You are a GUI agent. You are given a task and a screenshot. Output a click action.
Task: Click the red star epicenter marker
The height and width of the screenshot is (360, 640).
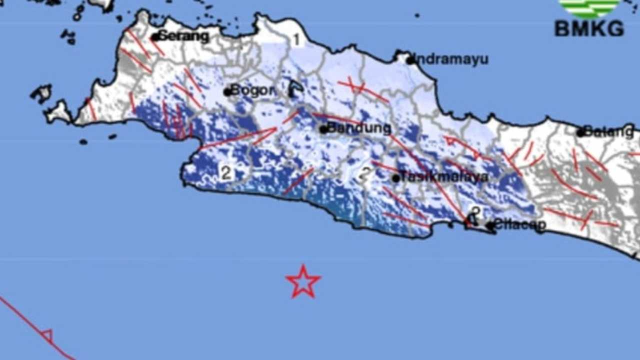click(x=303, y=282)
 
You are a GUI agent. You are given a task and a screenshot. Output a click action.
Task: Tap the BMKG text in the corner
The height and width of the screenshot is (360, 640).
click(x=589, y=28)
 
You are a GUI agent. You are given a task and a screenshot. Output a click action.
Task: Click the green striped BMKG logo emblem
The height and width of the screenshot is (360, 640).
click(x=589, y=7)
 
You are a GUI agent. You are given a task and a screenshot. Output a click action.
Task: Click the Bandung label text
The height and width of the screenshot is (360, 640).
click(x=359, y=128)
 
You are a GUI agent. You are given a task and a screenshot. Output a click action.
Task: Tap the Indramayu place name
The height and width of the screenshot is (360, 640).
click(x=452, y=59)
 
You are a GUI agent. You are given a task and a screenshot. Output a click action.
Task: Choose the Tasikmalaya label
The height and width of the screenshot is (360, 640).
click(x=444, y=177)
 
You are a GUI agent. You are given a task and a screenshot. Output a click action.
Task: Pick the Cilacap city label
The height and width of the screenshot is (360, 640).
click(x=520, y=225)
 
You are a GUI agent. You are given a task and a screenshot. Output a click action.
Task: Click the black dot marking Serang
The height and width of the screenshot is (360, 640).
click(x=155, y=37)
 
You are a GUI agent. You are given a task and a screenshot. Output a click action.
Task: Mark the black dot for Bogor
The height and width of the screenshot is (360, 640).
click(x=227, y=92)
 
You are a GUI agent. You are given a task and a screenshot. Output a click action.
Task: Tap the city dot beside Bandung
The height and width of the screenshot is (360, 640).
click(x=323, y=129)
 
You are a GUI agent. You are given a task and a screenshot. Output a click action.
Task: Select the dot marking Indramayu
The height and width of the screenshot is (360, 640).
click(x=410, y=60)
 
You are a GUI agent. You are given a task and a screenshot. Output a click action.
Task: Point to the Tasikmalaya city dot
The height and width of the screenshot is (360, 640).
click(x=395, y=178)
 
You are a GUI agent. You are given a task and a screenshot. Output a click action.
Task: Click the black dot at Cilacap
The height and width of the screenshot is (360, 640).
click(x=490, y=225)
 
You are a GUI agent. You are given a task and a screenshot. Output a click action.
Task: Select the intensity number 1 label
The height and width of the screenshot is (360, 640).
click(x=296, y=39)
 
